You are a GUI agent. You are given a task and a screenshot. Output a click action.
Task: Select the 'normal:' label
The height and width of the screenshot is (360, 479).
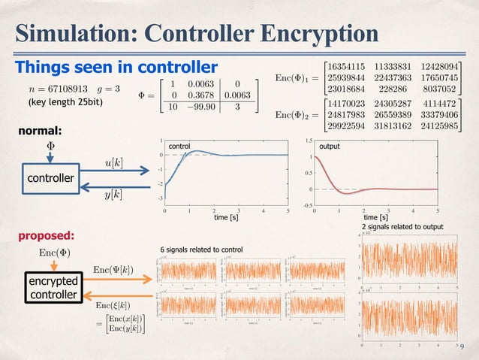[42, 131]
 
